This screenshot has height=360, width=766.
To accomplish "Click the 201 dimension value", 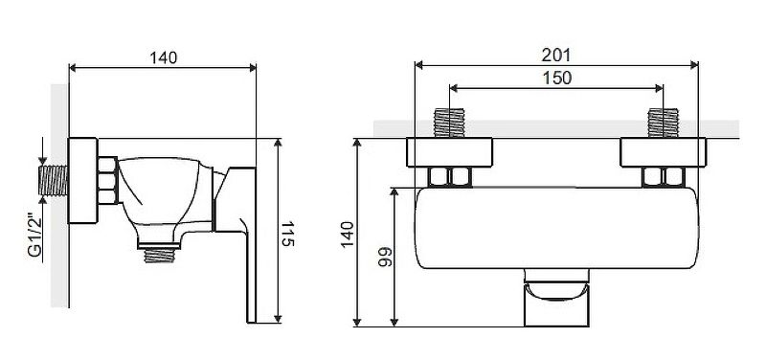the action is pyautogui.click(x=556, y=55).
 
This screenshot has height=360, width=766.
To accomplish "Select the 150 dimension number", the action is pyautogui.click(x=557, y=78).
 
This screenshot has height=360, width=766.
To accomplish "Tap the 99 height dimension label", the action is pyautogui.click(x=386, y=257).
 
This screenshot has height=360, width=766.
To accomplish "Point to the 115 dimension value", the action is pyautogui.click(x=288, y=235).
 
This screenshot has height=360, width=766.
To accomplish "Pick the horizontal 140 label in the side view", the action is pyautogui.click(x=163, y=57).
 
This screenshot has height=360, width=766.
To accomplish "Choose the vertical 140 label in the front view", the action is pyautogui.click(x=348, y=235).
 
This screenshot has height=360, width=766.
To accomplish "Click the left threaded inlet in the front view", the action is pyautogui.click(x=449, y=123).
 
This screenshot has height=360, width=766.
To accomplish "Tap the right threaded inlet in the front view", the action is pyautogui.click(x=663, y=123).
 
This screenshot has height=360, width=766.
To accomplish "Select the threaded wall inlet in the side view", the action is pyautogui.click(x=53, y=180).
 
